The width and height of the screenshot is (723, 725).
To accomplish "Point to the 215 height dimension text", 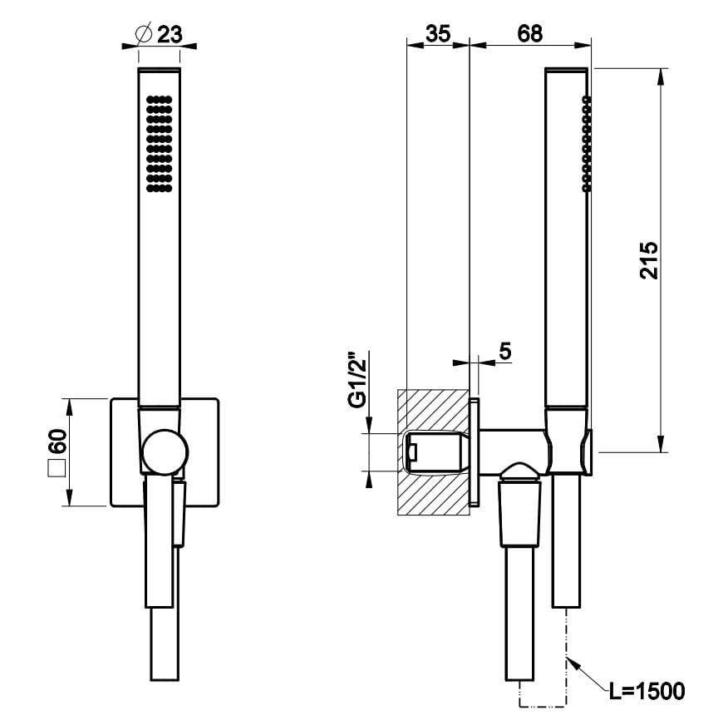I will click(x=649, y=259).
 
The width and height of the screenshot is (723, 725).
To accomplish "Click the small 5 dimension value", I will click(x=504, y=351).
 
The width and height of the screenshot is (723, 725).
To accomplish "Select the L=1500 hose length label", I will click(x=645, y=690).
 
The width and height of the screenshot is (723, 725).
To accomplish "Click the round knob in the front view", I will click(x=164, y=453).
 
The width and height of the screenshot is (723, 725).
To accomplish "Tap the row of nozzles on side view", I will click(x=587, y=144).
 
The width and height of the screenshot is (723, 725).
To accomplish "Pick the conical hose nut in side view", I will click(x=520, y=515).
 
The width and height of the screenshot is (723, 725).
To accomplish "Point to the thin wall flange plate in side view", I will click(x=475, y=451).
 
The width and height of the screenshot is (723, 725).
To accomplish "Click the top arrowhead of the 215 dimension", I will click(x=662, y=76).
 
